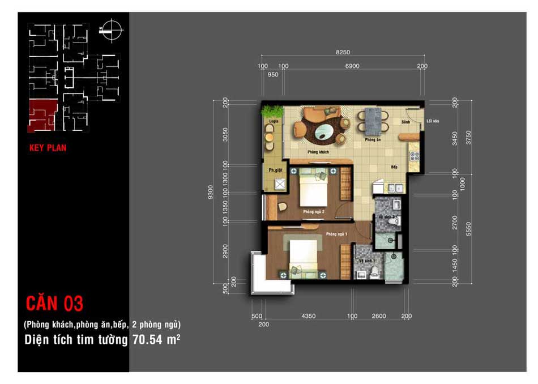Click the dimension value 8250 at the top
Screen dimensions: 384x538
(343, 52)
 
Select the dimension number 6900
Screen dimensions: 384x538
(352, 66)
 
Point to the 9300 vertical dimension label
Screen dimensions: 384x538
(211, 193)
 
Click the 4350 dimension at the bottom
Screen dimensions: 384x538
(308, 316)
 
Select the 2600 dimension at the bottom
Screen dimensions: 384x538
(379, 316)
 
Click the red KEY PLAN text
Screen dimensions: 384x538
(48, 148)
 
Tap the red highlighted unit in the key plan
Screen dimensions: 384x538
(42, 114)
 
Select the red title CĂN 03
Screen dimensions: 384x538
(54, 304)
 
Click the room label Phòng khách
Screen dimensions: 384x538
(318, 153)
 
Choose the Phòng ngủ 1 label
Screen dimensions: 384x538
(336, 234)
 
